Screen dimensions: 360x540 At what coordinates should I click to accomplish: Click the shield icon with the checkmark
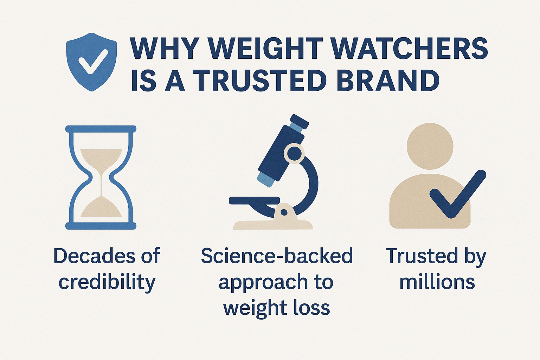point(91,62)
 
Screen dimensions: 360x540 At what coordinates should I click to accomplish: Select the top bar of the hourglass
point(101,129)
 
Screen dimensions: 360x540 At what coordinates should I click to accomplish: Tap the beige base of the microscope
point(273,224)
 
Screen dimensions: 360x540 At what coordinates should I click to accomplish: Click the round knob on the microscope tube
point(293,153)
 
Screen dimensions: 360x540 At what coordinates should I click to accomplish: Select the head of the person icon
point(430,147)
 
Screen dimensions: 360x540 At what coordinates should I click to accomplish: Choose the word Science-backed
point(277,256)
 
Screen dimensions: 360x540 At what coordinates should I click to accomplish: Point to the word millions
point(437,282)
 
